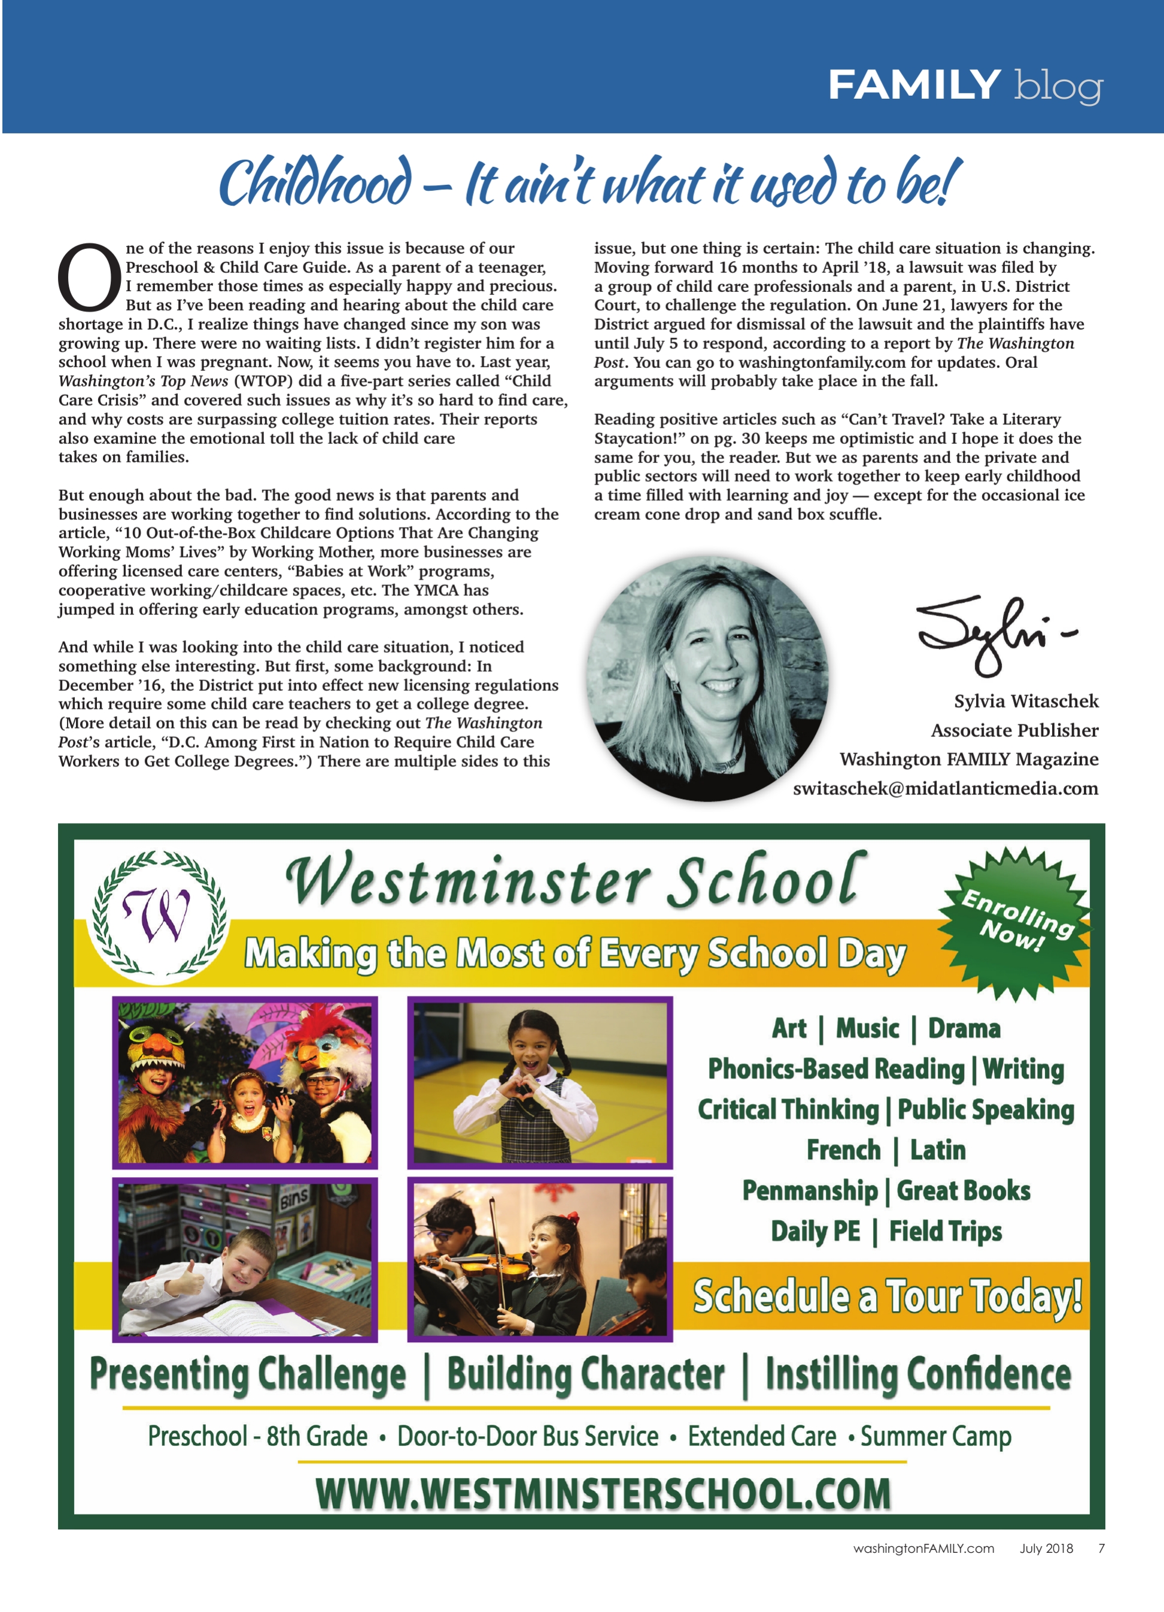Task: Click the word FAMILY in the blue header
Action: click(x=914, y=86)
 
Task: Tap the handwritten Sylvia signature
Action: click(x=992, y=633)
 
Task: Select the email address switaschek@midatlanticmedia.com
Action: click(x=945, y=788)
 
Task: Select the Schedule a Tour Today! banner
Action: click(x=887, y=1296)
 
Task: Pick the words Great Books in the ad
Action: click(x=963, y=1190)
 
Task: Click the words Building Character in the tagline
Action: click(x=585, y=1375)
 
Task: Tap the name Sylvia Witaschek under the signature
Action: click(x=1025, y=701)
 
